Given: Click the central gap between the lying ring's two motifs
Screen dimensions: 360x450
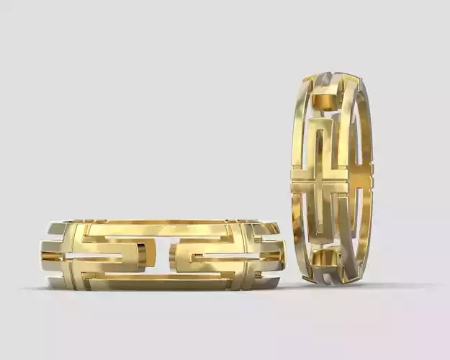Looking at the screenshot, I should coord(164,256).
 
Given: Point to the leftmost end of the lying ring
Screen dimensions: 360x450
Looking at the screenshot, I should coord(42,256).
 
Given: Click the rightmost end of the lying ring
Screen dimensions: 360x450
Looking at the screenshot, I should coord(284,253).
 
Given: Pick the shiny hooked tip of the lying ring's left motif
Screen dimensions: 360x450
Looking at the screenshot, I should coord(143,254).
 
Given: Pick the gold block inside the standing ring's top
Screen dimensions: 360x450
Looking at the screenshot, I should coord(325,99).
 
